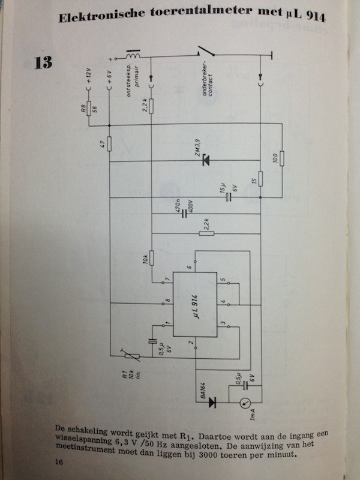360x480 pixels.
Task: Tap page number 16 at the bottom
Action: coord(59,461)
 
